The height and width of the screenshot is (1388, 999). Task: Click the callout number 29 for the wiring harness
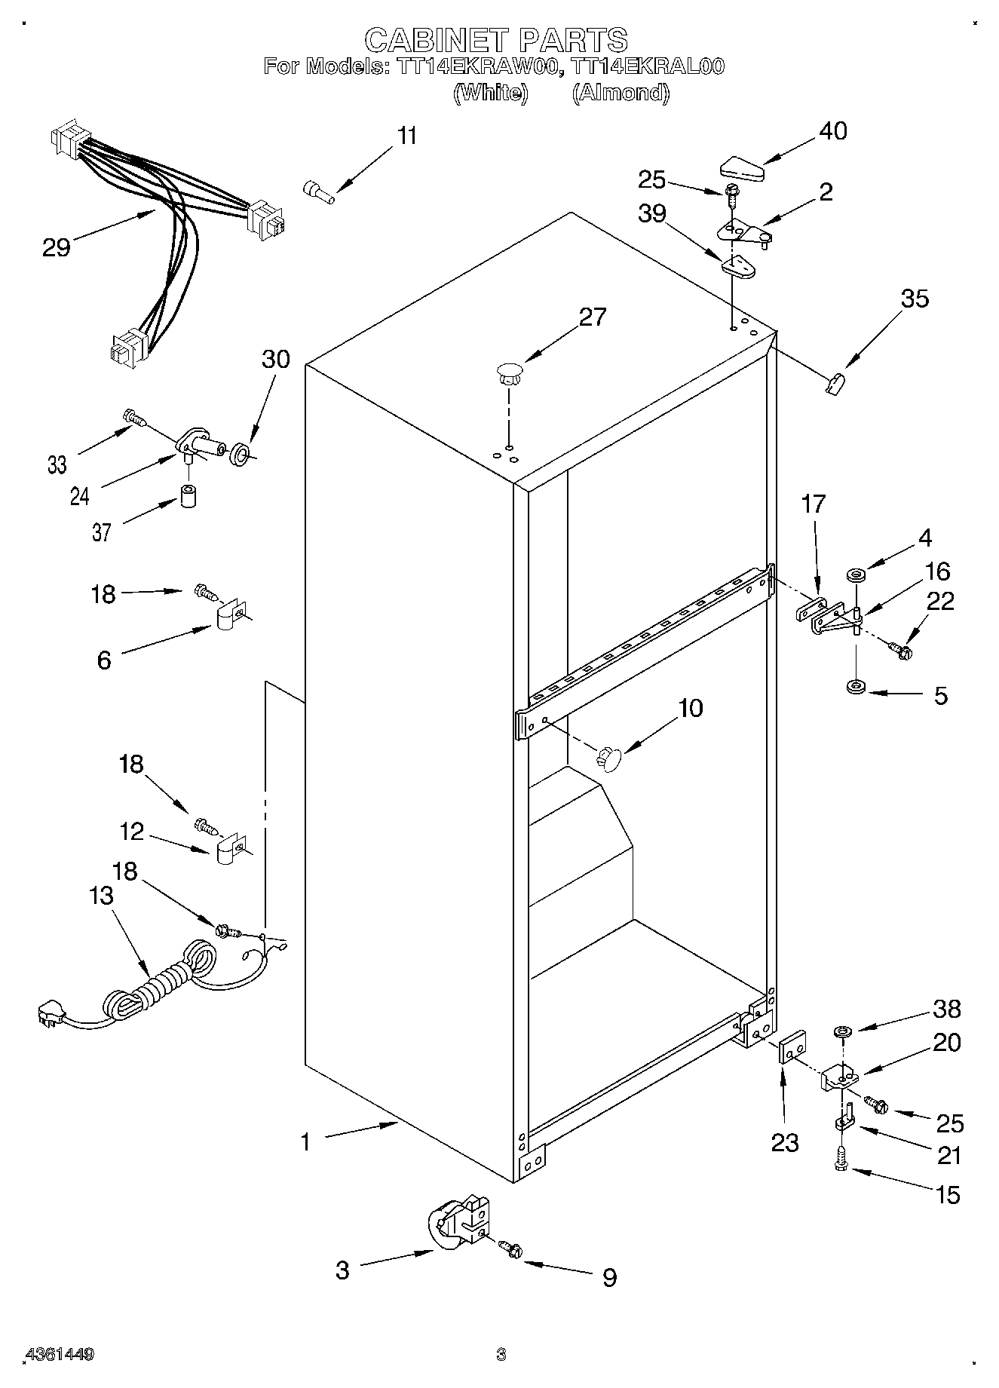[57, 247]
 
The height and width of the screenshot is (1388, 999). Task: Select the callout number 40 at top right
[832, 130]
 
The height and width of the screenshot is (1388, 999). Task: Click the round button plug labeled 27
[510, 372]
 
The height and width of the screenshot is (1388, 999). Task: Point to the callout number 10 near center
[690, 707]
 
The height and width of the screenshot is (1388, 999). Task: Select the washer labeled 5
[856, 688]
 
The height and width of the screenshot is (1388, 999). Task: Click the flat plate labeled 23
[791, 1049]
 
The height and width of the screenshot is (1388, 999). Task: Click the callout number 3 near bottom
[342, 1270]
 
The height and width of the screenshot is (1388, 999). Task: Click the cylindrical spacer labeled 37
[188, 498]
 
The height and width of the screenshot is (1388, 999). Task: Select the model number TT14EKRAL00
[648, 66]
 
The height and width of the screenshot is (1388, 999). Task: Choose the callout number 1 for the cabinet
[305, 1143]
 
